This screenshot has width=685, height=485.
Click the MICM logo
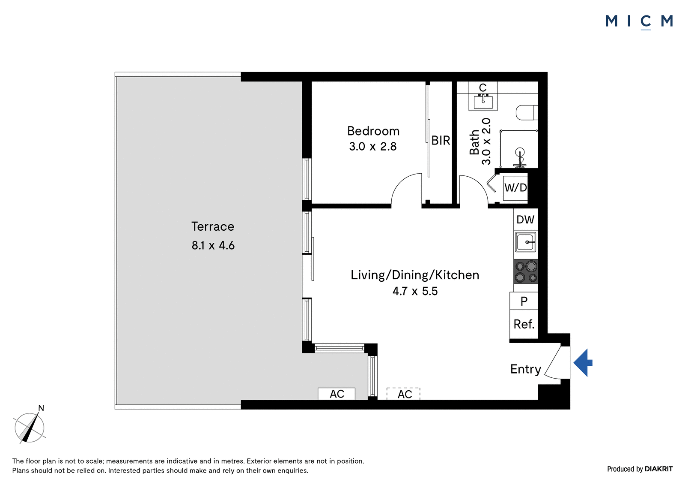pos(639,22)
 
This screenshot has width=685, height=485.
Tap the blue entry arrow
pos(583,363)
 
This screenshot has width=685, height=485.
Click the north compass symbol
pos(30,427)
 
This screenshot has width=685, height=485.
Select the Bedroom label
pos(373,131)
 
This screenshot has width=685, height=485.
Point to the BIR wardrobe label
pos(441,141)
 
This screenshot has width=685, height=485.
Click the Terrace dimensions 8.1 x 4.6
pos(213,245)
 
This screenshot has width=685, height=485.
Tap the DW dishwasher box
pos(526,220)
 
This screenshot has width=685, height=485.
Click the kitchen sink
pos(526,242)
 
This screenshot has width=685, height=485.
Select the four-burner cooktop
pos(526,271)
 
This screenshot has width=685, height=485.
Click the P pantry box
pos(524,301)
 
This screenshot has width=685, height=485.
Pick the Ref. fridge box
pos(524,324)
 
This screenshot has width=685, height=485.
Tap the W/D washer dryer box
pos(515,187)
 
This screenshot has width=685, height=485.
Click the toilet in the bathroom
pos(527,113)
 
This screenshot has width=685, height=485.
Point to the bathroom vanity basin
pos(483,102)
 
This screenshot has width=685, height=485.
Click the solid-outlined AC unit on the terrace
pos(337,394)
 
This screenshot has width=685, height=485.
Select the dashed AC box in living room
pos(403,394)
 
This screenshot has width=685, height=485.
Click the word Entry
pos(526,369)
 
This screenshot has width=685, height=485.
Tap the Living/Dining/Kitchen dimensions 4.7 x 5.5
pos(415,291)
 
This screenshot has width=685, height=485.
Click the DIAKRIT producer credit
pos(658,469)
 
